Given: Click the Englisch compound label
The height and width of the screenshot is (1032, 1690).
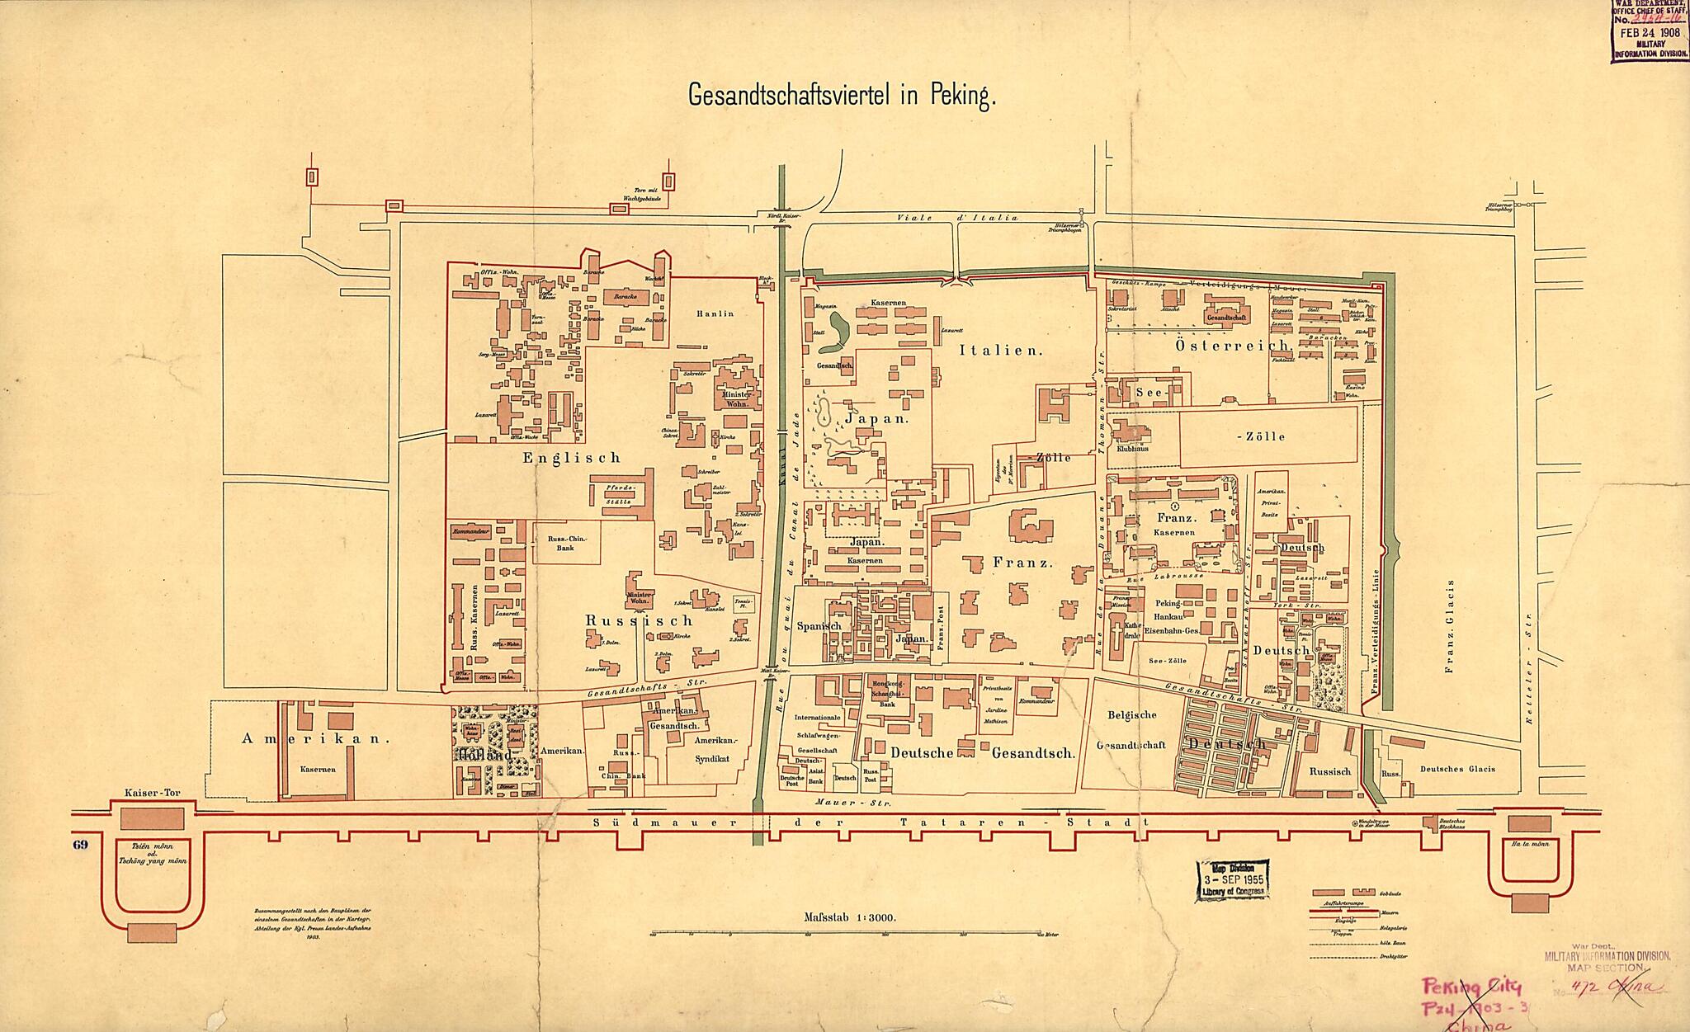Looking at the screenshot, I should coord(570,458).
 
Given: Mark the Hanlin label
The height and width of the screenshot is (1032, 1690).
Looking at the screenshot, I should coord(715,313).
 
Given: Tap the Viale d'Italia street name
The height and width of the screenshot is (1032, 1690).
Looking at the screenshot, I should coord(956,218).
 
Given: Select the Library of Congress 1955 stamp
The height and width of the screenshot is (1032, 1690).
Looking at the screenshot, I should coord(1230,879).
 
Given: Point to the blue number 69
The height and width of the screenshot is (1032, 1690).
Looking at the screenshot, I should coord(80,844).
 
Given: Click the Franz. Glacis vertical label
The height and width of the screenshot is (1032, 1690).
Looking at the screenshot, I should coord(1449,627).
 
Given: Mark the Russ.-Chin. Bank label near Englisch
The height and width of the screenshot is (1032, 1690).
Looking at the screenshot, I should coord(566,543).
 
